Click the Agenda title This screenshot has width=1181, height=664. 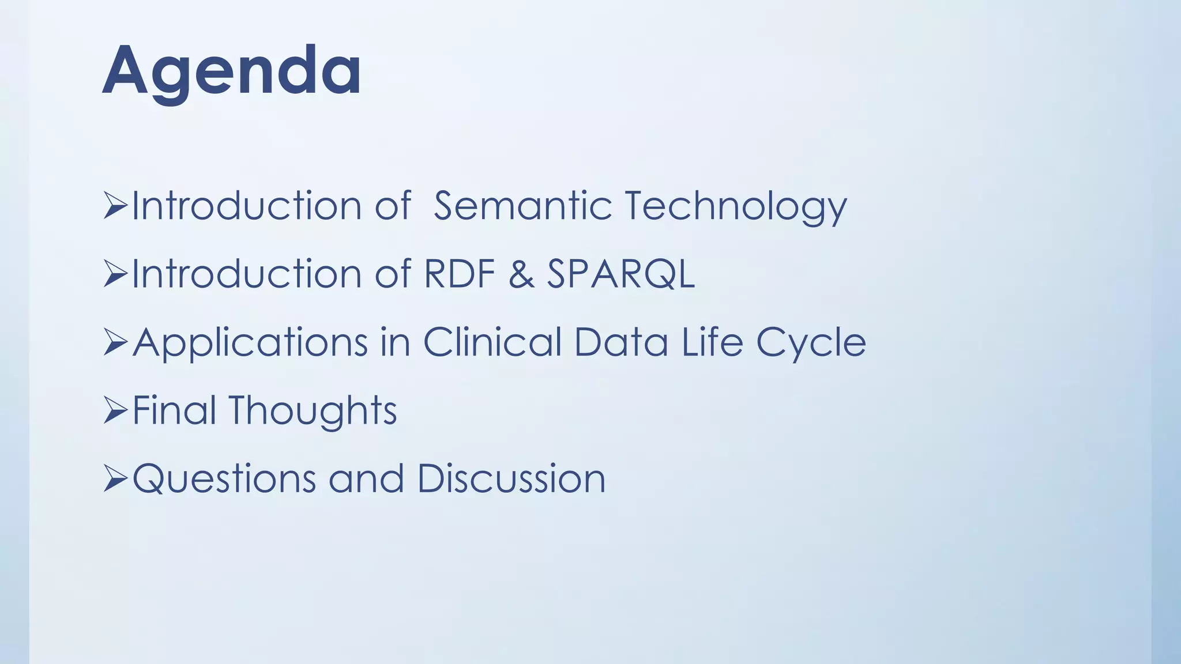(232, 71)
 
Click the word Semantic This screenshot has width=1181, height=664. (522, 206)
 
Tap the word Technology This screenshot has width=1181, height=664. (735, 207)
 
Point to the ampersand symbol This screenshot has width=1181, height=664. (521, 274)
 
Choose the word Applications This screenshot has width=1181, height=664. (250, 343)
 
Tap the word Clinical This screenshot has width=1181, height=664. (492, 342)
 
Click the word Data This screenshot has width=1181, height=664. (621, 342)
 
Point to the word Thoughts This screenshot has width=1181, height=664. (313, 411)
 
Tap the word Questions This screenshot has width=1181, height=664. (224, 479)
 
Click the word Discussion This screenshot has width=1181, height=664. (511, 478)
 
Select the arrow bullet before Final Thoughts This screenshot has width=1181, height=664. (115, 410)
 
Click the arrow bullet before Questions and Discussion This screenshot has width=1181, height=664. (115, 479)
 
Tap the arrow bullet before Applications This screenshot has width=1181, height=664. (115, 342)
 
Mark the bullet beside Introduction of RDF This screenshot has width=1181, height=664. (115, 274)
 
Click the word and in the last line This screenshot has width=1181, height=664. (366, 479)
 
